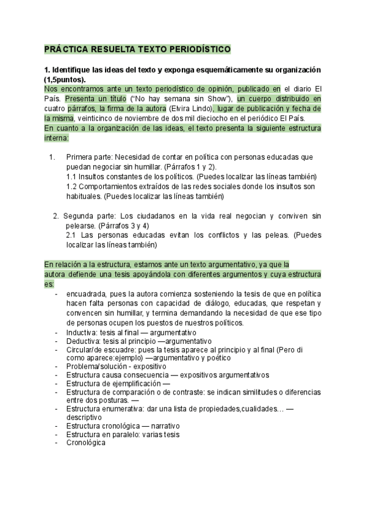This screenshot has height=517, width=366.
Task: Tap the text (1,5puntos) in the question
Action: tap(65, 79)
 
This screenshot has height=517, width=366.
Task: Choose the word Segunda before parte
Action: tap(79, 216)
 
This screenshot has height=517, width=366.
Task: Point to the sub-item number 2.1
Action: tap(72, 235)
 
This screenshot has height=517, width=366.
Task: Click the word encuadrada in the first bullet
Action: tap(88, 293)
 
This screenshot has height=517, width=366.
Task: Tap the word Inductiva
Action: tap(82, 332)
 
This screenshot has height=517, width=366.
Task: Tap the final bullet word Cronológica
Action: tap(86, 443)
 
